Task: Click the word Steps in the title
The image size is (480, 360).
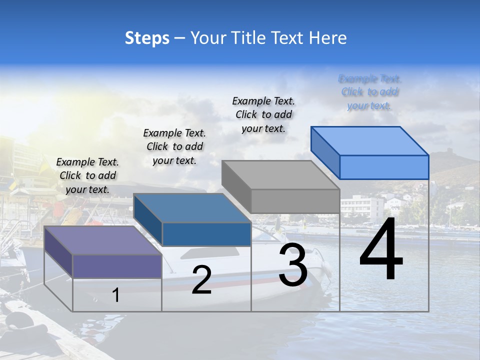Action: [147, 38]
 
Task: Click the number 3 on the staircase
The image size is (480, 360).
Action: [293, 265]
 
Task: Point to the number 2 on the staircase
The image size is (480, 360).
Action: [201, 280]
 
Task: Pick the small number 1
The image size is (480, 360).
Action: [116, 295]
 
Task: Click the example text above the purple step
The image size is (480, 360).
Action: [87, 175]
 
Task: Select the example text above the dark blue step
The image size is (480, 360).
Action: [174, 146]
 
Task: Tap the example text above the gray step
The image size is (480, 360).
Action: [263, 114]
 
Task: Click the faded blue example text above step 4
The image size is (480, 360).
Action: [370, 92]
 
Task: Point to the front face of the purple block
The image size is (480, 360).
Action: [117, 266]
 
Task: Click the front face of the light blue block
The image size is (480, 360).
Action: [384, 167]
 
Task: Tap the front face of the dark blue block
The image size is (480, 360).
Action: [206, 234]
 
